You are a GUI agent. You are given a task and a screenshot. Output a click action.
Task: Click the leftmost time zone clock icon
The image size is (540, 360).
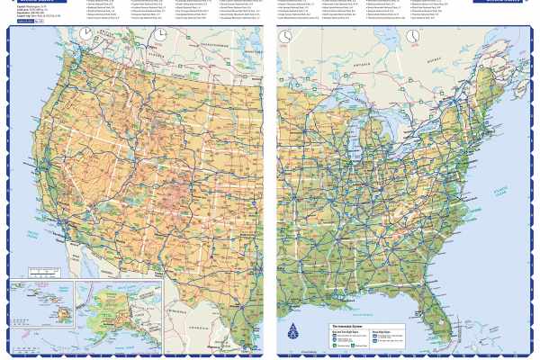(85, 34)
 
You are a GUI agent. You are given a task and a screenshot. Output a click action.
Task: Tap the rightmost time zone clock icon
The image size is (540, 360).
(411, 36)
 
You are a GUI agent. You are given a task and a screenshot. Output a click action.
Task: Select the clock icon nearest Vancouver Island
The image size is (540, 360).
(85, 34)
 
